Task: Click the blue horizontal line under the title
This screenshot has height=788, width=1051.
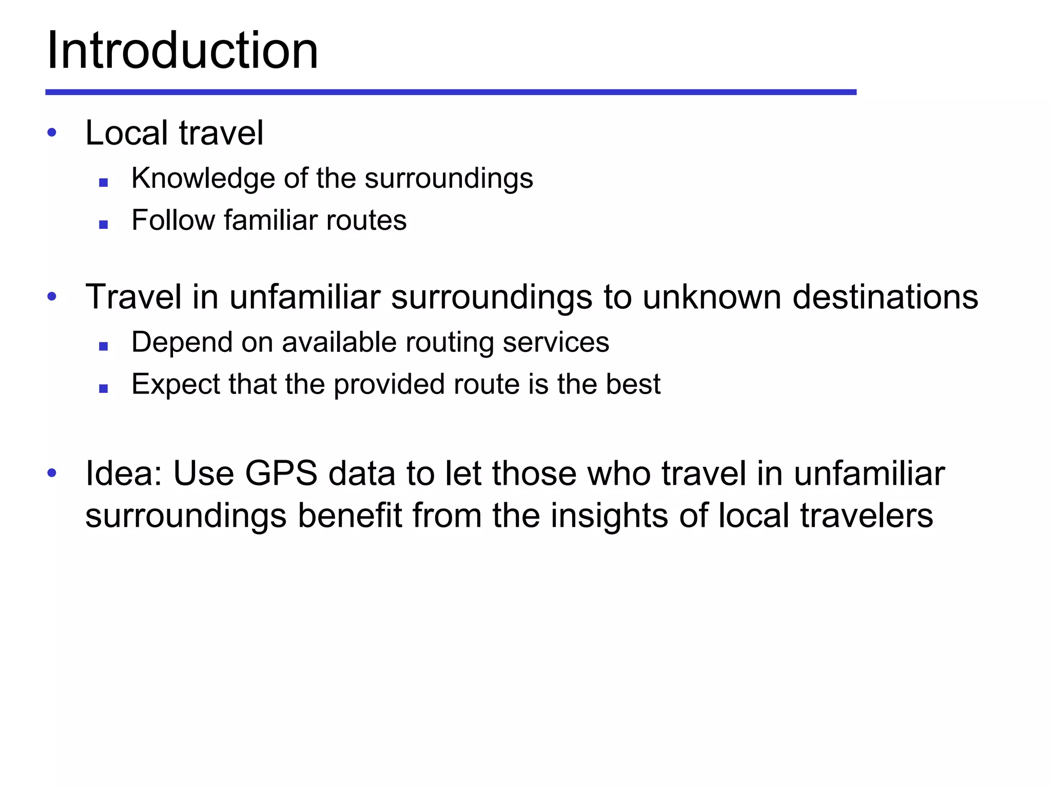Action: click(x=451, y=92)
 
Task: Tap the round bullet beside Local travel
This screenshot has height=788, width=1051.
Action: click(x=52, y=132)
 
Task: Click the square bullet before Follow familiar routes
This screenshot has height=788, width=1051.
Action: click(x=104, y=224)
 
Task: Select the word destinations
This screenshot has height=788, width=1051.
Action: click(x=885, y=297)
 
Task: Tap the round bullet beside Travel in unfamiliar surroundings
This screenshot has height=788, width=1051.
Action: click(x=52, y=297)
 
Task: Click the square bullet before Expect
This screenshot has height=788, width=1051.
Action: click(x=104, y=388)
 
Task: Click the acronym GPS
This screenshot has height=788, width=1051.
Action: click(x=281, y=473)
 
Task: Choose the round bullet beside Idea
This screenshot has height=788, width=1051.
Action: click(x=52, y=473)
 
